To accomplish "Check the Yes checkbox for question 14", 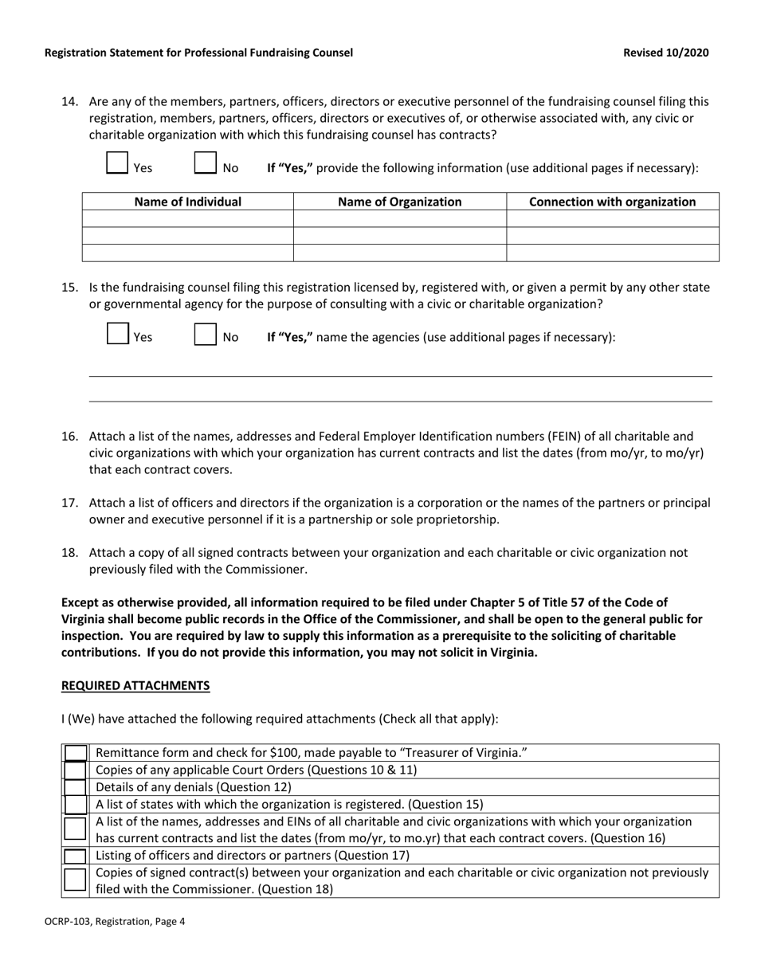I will [117, 163].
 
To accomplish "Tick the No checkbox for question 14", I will [206, 163].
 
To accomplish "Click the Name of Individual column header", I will [187, 202].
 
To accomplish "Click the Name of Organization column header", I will [399, 202].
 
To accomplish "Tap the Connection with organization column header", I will [612, 202].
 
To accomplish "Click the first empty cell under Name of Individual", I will [187, 219].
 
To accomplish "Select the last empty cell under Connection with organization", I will [612, 253].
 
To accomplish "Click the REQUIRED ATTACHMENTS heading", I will [135, 685].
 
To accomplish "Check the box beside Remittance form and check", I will [75, 753].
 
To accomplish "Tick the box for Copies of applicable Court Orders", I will [75, 770].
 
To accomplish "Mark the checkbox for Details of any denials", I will [75, 787].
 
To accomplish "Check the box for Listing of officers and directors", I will [75, 856].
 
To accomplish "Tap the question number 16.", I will [69, 437].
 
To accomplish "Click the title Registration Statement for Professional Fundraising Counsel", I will [198, 53].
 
